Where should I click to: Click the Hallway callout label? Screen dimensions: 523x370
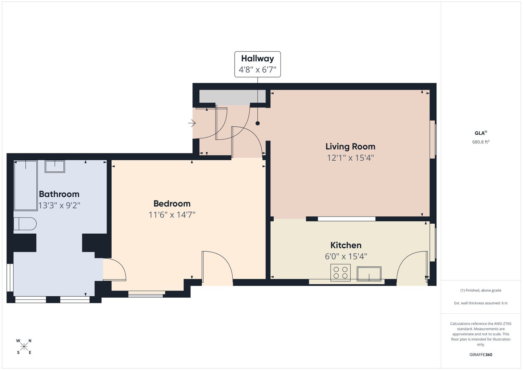click(x=258, y=64)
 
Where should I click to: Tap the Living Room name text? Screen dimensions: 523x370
click(x=350, y=147)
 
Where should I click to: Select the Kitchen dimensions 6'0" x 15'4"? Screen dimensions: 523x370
click(x=346, y=257)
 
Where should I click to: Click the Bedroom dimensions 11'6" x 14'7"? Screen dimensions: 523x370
click(x=172, y=214)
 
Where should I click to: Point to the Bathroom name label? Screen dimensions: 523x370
click(x=59, y=194)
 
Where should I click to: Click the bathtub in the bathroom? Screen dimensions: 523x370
click(x=26, y=185)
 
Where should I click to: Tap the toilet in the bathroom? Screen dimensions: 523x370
click(x=25, y=224)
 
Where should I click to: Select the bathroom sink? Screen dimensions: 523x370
click(x=55, y=166)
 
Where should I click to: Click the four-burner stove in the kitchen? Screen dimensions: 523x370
click(x=340, y=272)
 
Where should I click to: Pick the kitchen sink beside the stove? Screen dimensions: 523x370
click(x=369, y=273)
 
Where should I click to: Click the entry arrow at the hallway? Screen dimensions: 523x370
click(x=192, y=123)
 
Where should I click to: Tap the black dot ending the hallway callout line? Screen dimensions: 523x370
click(x=258, y=123)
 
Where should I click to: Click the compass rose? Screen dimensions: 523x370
click(x=24, y=347)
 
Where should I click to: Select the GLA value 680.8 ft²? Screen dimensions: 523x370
click(x=481, y=142)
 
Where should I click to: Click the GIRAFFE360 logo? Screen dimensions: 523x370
click(x=481, y=355)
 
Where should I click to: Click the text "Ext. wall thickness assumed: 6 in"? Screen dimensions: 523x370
click(x=481, y=303)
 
